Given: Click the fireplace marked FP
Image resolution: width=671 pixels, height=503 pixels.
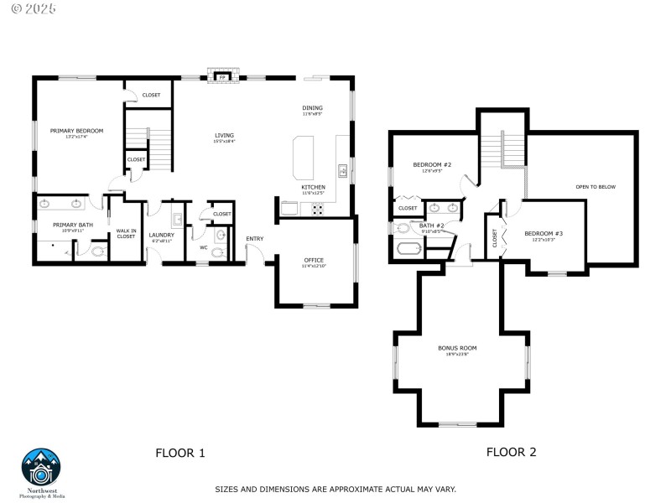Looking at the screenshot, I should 222,77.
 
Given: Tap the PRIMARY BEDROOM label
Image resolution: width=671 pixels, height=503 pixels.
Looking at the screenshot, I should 76,131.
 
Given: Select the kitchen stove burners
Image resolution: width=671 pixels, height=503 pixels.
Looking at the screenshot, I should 319,210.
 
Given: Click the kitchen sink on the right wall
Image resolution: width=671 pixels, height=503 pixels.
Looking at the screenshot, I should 342,172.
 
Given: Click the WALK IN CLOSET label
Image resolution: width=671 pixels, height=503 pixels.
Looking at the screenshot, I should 126,234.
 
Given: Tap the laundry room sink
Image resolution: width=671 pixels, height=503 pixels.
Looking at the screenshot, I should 177,220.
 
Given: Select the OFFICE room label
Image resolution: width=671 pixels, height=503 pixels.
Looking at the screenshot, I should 314,260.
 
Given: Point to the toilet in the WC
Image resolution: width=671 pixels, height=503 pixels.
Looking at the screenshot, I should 218,251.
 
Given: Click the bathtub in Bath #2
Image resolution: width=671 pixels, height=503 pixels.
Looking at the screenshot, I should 408,249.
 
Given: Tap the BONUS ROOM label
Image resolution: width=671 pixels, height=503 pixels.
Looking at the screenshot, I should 457,347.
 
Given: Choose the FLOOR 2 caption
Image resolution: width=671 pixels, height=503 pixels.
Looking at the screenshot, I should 511,452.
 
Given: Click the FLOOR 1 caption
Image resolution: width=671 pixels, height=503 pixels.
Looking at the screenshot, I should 179,453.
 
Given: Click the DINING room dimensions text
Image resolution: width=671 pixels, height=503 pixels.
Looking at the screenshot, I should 312,113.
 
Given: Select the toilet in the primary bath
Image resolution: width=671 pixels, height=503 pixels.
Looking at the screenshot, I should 96,250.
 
